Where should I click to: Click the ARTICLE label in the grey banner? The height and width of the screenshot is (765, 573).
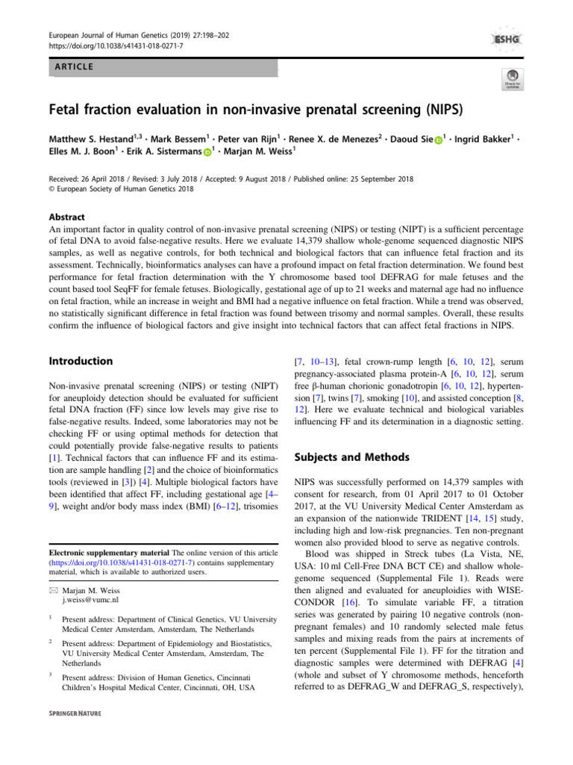tap(73, 66)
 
